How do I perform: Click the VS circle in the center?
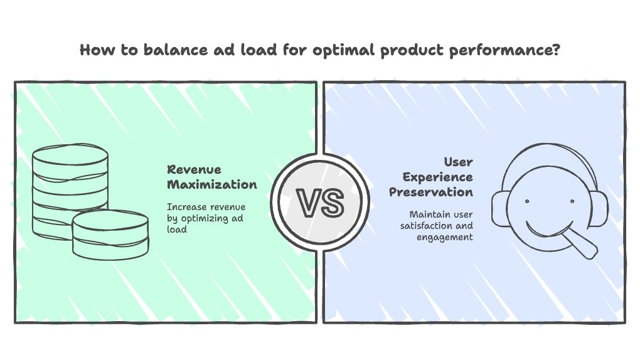320,203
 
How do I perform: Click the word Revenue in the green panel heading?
193,169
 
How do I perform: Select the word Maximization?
211,184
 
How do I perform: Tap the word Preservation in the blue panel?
430,192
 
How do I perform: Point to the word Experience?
437,177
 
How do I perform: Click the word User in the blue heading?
458,162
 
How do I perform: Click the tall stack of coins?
70,182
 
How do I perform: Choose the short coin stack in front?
110,235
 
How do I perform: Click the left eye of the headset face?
526,201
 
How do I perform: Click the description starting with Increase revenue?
206,218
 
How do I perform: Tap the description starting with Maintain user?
437,225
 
